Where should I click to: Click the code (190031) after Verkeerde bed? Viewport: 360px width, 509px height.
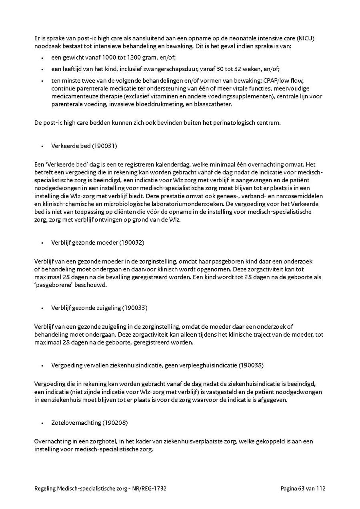104,146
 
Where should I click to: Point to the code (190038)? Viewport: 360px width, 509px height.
251,365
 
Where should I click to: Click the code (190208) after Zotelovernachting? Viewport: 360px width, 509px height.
115,422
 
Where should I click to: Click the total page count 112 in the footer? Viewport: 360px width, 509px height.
321,488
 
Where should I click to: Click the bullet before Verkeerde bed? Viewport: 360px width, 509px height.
42,146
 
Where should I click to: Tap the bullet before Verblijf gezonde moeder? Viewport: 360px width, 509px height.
42,243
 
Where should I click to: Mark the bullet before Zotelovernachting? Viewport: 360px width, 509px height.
42,423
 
